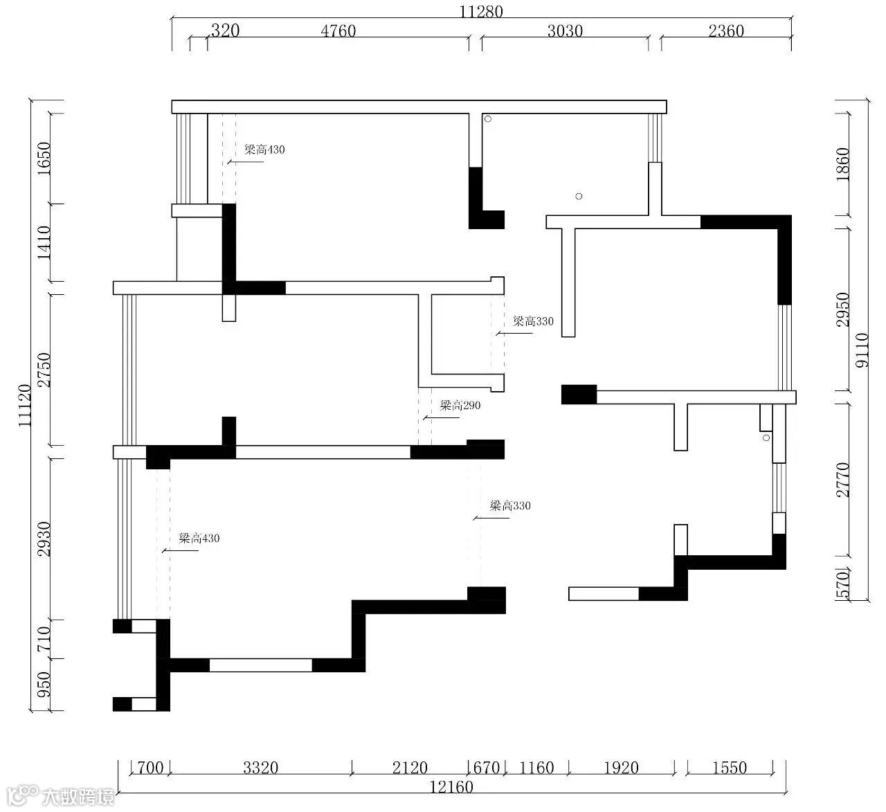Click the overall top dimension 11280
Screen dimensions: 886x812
[x=481, y=12]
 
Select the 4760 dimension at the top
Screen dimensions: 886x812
[x=338, y=31]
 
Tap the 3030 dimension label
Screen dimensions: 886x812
[x=565, y=31]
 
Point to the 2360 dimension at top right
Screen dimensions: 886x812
[x=726, y=31]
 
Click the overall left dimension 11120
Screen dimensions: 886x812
[x=25, y=405]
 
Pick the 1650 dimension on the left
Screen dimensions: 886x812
[x=44, y=158]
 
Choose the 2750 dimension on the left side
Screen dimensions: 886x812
[x=44, y=370]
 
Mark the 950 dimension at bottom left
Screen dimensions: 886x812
[x=44, y=685]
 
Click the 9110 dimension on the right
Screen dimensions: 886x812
[x=862, y=350]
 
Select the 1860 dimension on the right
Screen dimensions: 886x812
[x=842, y=164]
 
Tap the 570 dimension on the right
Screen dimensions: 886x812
[x=842, y=585]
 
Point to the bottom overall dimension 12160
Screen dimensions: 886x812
[x=451, y=787]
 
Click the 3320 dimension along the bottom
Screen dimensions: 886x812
[x=260, y=768]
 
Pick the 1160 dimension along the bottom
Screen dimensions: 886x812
[x=536, y=768]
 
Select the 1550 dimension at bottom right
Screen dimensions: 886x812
[x=729, y=768]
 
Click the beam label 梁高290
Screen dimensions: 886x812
[x=460, y=405]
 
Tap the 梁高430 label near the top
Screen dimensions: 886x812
[x=264, y=150]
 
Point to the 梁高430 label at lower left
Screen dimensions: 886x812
[x=199, y=538]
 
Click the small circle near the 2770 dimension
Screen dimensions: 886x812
[x=766, y=437]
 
